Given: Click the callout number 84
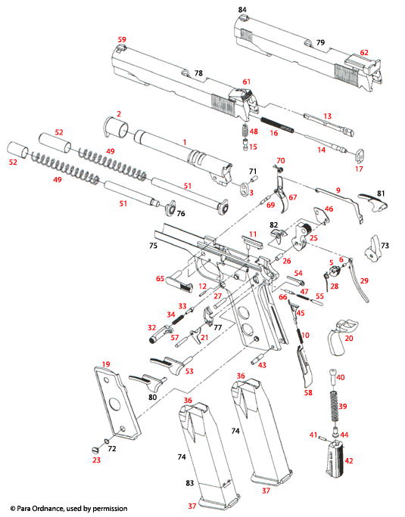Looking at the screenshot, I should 242,9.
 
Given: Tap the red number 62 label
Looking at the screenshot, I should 364,53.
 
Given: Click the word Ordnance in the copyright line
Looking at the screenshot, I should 52,509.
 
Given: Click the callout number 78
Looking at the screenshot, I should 198,73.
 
